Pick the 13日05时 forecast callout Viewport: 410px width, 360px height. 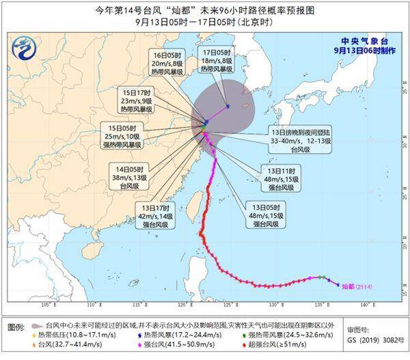coord(262,214)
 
